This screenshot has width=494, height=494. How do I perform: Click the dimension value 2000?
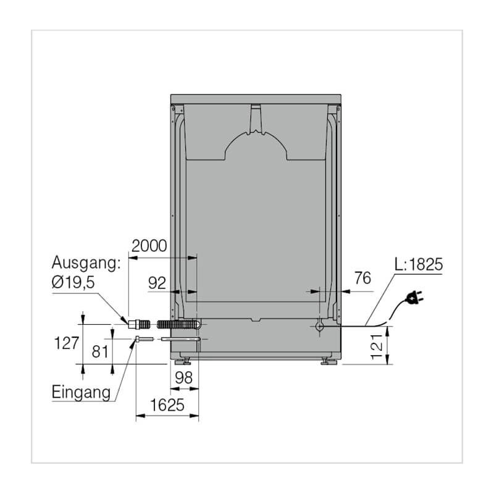pos(149,246)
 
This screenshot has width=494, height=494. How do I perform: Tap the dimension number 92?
pos(157,283)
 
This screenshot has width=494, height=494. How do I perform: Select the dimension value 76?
pos(362,278)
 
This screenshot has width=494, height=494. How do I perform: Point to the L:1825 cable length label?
pos(419,264)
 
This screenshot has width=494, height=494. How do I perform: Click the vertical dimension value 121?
pos(377,346)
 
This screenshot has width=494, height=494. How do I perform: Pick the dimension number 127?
pos(67,343)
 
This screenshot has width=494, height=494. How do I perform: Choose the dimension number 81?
pos(100,351)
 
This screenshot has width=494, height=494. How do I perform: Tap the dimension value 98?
pos(183,377)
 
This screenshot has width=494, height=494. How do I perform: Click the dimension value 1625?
pos(167,405)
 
